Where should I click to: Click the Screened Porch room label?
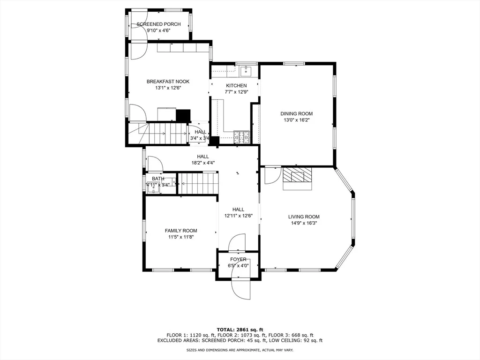coord(158,24)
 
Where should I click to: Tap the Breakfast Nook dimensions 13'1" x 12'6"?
coord(168,88)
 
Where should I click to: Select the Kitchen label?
coord(236,86)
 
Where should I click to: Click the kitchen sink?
coord(246,71)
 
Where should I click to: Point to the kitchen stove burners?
coord(241,137)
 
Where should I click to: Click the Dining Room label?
coord(297,114)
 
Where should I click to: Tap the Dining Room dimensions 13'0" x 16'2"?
coord(297,120)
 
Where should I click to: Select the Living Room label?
coord(304,217)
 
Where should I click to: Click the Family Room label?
coord(181,231)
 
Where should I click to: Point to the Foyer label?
coord(238,260)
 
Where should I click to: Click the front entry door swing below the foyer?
coord(241,286)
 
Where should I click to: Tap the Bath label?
coord(158,179)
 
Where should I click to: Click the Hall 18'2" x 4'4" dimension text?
coord(203,163)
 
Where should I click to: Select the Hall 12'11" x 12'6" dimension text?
coord(238,216)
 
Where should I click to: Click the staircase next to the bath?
coord(198,184)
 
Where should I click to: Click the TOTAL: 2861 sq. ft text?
coord(240,330)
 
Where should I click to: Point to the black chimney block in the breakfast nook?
coord(183,115)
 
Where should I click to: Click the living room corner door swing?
coord(273,175)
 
